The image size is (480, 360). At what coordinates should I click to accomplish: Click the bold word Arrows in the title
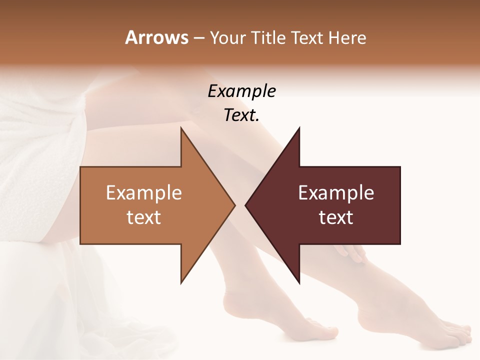pyautogui.click(x=156, y=37)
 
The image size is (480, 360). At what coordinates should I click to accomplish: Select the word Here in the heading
pyautogui.click(x=347, y=38)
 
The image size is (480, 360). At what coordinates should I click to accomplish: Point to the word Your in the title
pyautogui.click(x=226, y=38)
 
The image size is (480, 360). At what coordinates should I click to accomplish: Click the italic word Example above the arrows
pyautogui.click(x=241, y=91)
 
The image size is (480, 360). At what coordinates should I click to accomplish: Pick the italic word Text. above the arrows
pyautogui.click(x=241, y=115)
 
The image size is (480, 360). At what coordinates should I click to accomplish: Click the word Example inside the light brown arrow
pyautogui.click(x=144, y=193)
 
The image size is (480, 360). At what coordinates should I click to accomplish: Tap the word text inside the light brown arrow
pyautogui.click(x=144, y=217)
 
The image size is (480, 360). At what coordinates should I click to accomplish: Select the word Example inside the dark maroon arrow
pyautogui.click(x=336, y=193)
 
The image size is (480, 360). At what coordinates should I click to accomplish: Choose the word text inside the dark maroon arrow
pyautogui.click(x=336, y=217)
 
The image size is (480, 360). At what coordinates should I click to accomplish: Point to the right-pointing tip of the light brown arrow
pyautogui.click(x=234, y=205)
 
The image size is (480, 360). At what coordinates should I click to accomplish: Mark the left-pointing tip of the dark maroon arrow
pyautogui.click(x=245, y=205)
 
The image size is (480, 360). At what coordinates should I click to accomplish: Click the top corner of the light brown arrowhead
pyautogui.click(x=181, y=128)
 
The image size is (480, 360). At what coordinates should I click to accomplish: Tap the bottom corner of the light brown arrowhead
pyautogui.click(x=181, y=282)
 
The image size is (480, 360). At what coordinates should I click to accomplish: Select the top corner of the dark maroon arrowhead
pyautogui.click(x=299, y=128)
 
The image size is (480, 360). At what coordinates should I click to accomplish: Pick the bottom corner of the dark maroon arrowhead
pyautogui.click(x=299, y=282)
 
